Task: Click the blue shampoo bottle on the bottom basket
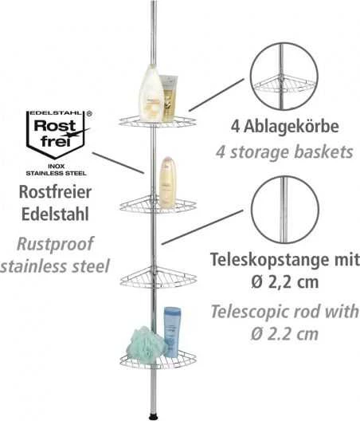coord(172,332)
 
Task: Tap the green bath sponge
coord(147,342)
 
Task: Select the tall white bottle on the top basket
coord(151,94)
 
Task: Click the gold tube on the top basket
coord(169,98)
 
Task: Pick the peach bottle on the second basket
coord(167,183)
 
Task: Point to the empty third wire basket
coord(158,277)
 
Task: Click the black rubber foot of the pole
coord(153,418)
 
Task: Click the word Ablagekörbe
coord(291,127)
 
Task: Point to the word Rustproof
coord(55,244)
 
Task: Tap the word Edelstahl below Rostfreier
coord(55,214)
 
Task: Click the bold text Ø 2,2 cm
coord(284,282)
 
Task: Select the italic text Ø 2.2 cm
coord(284,334)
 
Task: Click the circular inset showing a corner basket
coord(284,76)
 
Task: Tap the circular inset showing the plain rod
coord(285,210)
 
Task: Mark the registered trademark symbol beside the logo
coord(89,114)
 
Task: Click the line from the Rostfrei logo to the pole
coord(118,163)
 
